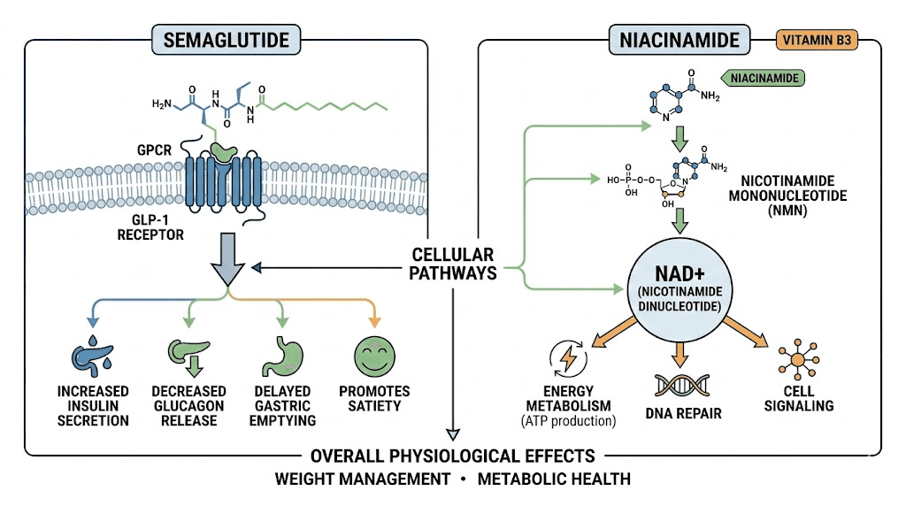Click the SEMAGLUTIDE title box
tap(226, 40)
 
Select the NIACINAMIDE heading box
tap(679, 40)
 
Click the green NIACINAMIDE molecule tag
tap(764, 79)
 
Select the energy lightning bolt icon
tap(567, 358)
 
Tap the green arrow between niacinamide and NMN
tap(680, 140)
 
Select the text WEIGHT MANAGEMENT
tap(362, 479)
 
